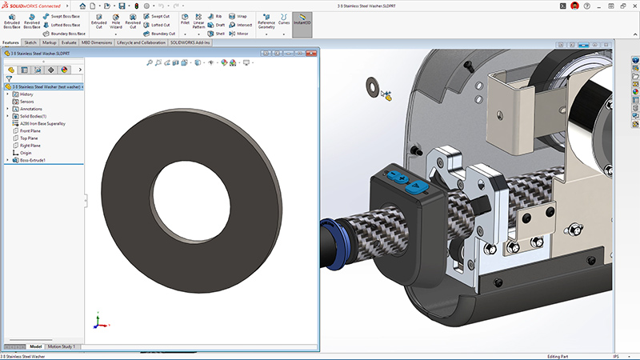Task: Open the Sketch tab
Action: point(31,42)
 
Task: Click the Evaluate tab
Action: point(70,42)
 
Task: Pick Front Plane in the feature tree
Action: point(30,131)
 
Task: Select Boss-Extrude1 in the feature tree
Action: point(34,160)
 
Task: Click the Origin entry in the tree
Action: point(26,153)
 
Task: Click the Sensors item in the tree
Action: point(27,102)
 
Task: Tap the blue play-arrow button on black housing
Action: point(417,186)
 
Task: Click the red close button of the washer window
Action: point(313,54)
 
